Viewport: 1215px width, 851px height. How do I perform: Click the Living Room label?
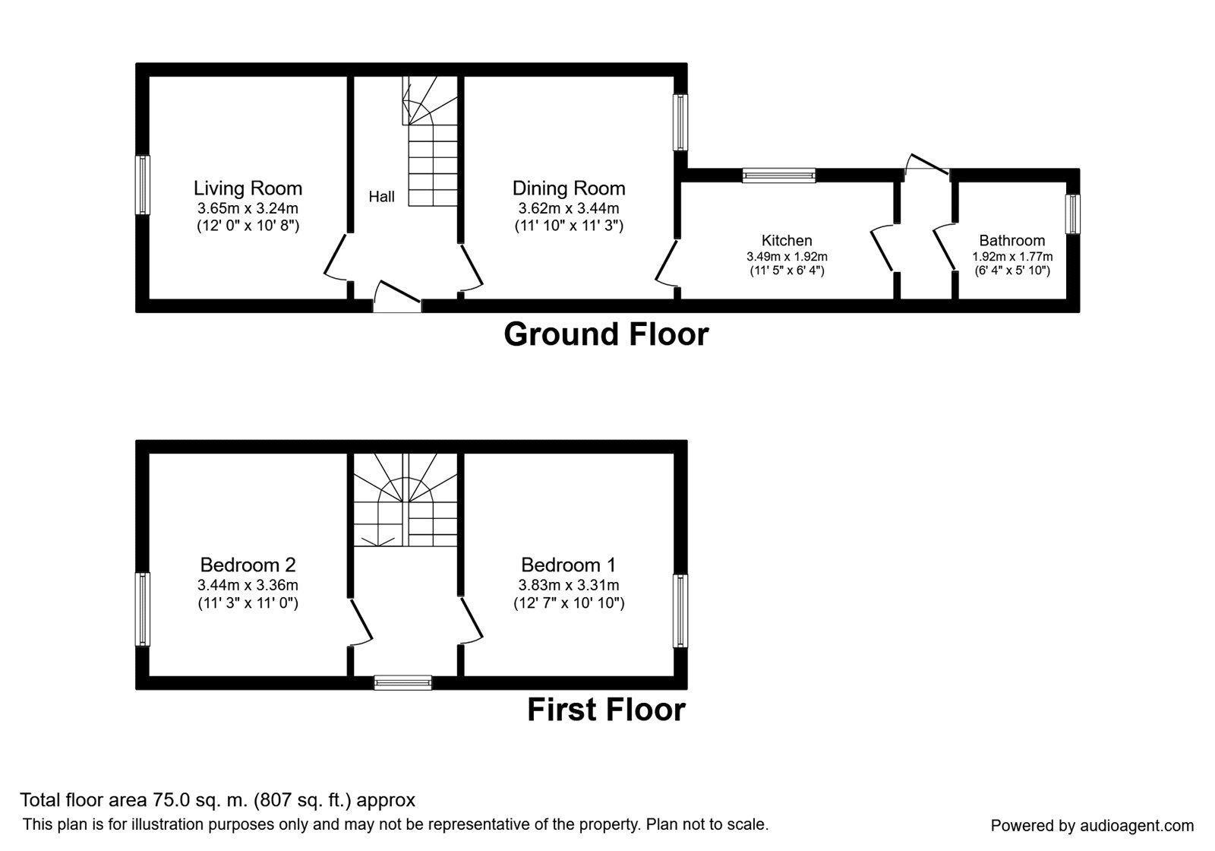point(248,188)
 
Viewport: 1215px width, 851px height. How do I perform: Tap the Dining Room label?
point(569,188)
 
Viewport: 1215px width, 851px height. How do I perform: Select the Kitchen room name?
point(787,240)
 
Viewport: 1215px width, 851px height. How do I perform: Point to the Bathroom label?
point(1012,240)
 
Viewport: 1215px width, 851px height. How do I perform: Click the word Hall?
point(381,197)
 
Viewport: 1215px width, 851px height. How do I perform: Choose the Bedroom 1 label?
point(569,565)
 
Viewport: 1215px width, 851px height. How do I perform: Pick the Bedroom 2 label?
point(248,565)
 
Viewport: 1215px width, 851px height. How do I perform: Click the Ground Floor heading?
point(606,334)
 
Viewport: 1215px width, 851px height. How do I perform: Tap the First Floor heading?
point(606,710)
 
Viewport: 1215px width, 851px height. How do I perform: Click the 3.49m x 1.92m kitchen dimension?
point(787,257)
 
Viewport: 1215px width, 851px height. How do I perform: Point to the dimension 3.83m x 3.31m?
point(569,585)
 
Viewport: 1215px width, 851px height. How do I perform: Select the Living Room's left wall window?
point(143,185)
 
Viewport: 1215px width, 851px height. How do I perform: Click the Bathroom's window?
point(1072,214)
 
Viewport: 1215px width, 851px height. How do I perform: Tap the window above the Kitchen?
point(779,176)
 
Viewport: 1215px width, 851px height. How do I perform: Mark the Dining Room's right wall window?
point(680,122)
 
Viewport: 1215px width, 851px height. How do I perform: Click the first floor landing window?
point(403,683)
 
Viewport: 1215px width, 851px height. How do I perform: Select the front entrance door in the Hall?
point(398,296)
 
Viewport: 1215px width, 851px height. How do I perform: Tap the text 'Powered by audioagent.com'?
point(1093,826)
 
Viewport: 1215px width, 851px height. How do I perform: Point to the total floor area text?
point(217,800)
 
